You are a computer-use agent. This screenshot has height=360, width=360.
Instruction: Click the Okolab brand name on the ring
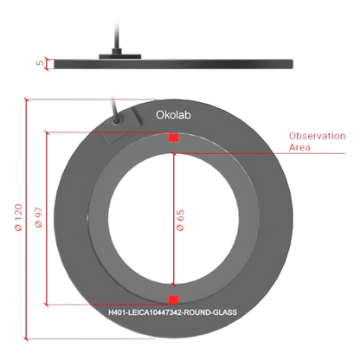pyautogui.click(x=173, y=115)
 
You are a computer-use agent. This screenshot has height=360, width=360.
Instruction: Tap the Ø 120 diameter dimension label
pyautogui.click(x=18, y=217)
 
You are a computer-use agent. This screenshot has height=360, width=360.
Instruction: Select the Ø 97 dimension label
pyautogui.click(x=39, y=217)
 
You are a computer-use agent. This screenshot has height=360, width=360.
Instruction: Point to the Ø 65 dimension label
pyautogui.click(x=180, y=220)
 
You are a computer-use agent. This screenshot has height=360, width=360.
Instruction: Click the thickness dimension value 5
pyautogui.click(x=41, y=62)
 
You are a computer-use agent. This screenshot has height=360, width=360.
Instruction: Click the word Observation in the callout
pyautogui.click(x=317, y=136)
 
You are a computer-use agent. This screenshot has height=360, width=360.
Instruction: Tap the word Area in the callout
pyautogui.click(x=299, y=147)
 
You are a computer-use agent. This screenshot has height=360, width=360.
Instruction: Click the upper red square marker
pyautogui.click(x=174, y=138)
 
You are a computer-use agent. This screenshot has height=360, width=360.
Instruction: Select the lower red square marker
pyautogui.click(x=174, y=299)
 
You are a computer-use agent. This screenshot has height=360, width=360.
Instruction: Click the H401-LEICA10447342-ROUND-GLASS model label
pyautogui.click(x=173, y=312)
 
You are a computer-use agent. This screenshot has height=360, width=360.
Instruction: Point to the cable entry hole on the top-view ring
pyautogui.click(x=117, y=120)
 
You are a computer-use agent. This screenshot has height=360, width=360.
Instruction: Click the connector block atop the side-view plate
pyautogui.click(x=120, y=55)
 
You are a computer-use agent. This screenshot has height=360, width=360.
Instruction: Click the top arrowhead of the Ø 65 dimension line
pyautogui.click(x=174, y=154)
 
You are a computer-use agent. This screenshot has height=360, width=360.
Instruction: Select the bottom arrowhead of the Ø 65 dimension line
pyautogui.click(x=174, y=285)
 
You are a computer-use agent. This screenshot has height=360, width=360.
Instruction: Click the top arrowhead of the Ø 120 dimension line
pyautogui.click(x=26, y=100)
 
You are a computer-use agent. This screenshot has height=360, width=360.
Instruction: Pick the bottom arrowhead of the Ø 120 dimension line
pyautogui.click(x=26, y=338)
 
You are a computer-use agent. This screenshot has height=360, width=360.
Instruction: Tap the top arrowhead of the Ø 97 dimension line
pyautogui.click(x=46, y=133)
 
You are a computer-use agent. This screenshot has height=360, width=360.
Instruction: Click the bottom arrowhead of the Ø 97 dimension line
pyautogui.click(x=46, y=304)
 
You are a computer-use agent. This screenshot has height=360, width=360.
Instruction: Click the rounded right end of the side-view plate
pyautogui.click(x=292, y=64)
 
